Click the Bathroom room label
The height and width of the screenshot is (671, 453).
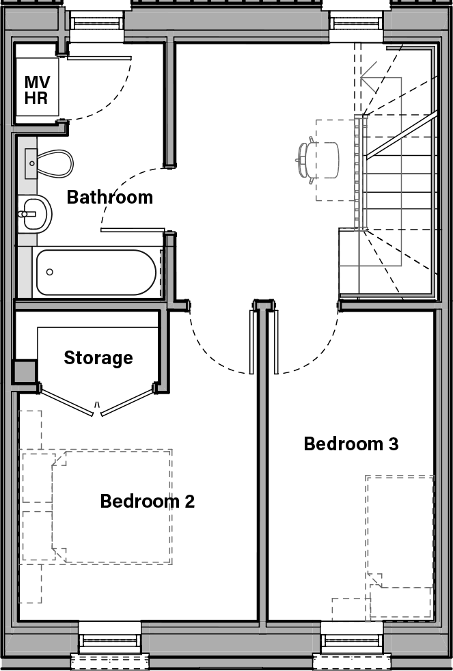point(109,197)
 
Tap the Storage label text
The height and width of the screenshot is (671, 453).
point(98,358)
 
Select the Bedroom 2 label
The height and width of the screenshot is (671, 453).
point(147,502)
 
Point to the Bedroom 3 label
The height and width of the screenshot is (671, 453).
point(351,444)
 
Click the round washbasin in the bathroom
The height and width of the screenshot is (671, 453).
point(32,213)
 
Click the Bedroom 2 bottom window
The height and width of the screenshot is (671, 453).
point(109,642)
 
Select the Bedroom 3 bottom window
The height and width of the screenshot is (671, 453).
point(351,642)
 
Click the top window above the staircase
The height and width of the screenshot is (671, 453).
point(357,23)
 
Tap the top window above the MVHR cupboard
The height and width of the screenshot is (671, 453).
point(96,23)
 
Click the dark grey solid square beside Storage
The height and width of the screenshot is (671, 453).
point(25,372)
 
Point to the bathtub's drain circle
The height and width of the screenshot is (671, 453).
point(49,272)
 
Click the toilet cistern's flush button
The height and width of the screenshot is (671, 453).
point(30,164)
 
